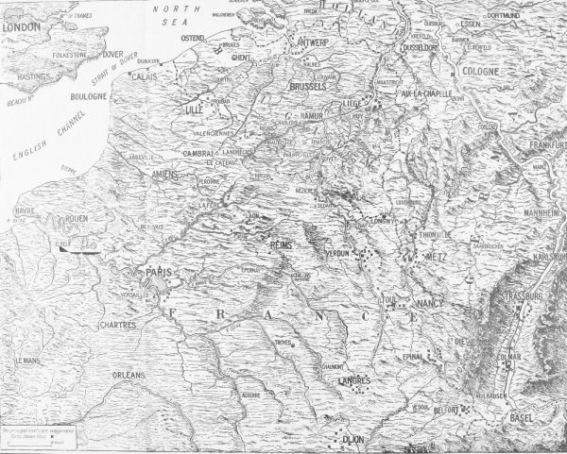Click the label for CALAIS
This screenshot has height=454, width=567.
coord(144,76)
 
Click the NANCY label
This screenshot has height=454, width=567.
coord(428,306)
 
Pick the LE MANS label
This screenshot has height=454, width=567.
coord(29,362)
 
